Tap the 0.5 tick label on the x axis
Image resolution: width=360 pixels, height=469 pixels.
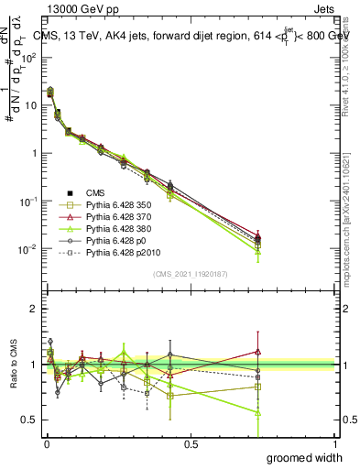tap(191, 443)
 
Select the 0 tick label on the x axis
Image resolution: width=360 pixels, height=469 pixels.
tap(45, 443)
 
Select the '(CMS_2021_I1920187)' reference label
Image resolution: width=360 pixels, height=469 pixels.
tap(190, 274)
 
